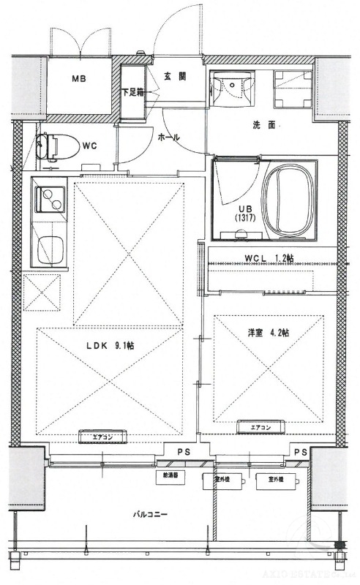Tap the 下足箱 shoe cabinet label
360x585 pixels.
click(132, 92)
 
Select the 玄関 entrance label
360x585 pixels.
click(173, 75)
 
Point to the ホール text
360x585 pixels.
click(169, 137)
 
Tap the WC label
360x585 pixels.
click(90, 146)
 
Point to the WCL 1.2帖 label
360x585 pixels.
click(269, 257)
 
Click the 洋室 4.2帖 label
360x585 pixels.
click(269, 332)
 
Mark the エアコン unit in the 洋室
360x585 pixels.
click(260, 428)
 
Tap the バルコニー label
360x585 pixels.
click(150, 514)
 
